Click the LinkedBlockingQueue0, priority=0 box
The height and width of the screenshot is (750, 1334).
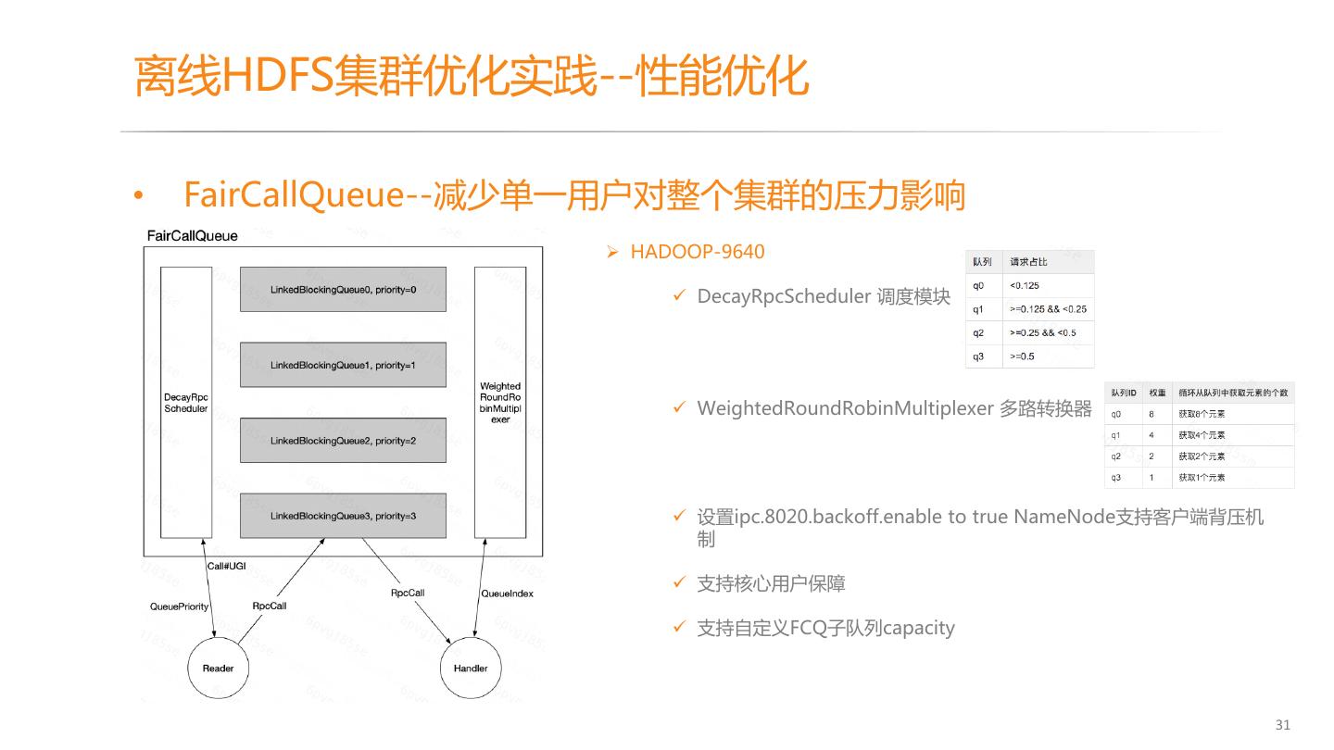tap(343, 290)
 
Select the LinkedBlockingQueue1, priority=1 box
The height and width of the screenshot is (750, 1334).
tap(343, 365)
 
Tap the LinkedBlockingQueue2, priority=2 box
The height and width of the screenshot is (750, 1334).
tap(343, 440)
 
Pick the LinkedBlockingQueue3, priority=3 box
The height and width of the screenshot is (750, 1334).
tap(343, 515)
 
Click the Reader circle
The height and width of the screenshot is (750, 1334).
tap(219, 668)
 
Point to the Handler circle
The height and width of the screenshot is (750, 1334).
tap(471, 668)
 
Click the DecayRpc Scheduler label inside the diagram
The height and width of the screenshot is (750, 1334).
tap(186, 402)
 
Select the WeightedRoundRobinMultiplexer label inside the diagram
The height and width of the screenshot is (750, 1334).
tap(500, 402)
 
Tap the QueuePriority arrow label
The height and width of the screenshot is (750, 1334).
tap(180, 606)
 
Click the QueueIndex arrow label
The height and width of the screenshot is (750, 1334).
tap(508, 594)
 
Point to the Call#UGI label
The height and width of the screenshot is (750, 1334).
tap(227, 566)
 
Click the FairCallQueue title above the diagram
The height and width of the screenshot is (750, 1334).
tap(193, 235)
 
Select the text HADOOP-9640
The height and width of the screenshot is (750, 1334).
tap(698, 252)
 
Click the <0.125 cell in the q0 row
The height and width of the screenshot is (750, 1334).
tap(1025, 285)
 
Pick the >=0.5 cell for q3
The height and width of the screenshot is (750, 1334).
tap(1023, 356)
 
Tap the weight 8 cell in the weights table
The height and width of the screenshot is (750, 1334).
tap(1152, 414)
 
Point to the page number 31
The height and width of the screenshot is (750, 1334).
tap(1282, 724)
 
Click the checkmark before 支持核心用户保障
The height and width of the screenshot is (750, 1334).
tap(679, 583)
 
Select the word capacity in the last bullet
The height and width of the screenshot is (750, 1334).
tap(918, 628)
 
